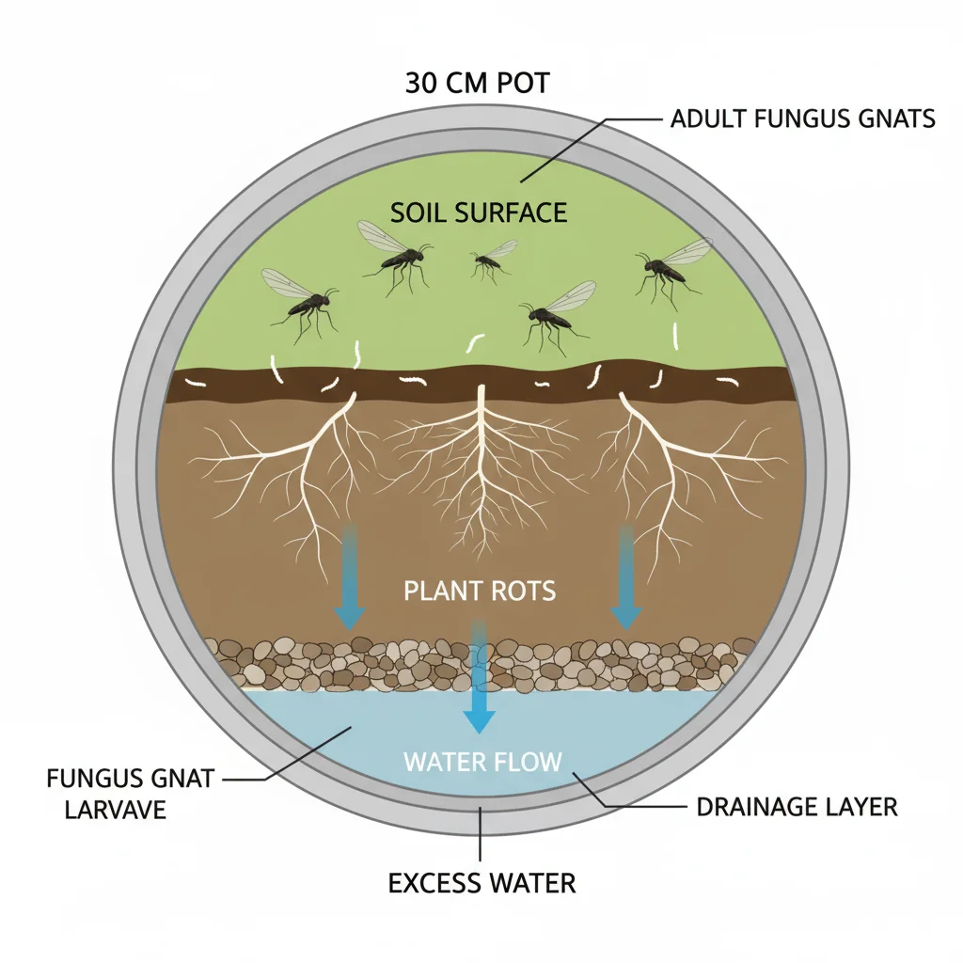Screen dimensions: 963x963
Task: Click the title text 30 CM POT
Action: [477, 83]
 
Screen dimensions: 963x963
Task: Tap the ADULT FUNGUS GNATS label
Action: [802, 119]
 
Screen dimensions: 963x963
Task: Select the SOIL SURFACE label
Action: [479, 212]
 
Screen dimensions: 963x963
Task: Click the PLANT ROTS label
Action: [480, 592]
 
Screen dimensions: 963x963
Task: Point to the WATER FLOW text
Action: [482, 761]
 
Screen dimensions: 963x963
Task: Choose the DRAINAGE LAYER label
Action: [797, 807]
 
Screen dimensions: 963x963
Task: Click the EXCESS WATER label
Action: [481, 883]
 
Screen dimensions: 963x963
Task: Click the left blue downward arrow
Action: [350, 578]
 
